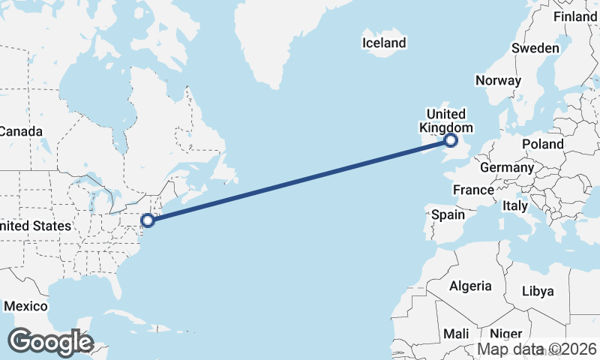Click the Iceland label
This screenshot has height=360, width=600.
click(x=383, y=43)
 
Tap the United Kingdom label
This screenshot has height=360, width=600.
click(x=446, y=121)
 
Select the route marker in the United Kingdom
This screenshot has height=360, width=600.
click(x=451, y=140)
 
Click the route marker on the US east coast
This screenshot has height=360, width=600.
click(x=148, y=220)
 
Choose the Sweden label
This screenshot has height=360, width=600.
click(x=535, y=48)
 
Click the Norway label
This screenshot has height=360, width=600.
click(x=498, y=80)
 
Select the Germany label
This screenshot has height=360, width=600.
click(x=506, y=167)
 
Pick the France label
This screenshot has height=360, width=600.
click(x=473, y=190)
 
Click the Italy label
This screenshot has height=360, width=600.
click(x=515, y=205)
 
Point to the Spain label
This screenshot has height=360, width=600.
click(x=448, y=214)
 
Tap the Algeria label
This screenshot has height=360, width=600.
click(x=470, y=286)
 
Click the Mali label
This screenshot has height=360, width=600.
click(x=456, y=333)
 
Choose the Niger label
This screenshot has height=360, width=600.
click(x=505, y=333)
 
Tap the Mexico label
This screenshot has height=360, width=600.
click(x=25, y=306)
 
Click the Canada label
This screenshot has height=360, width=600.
click(x=20, y=131)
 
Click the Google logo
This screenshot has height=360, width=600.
click(x=50, y=342)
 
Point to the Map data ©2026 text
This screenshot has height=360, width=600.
click(x=538, y=349)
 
